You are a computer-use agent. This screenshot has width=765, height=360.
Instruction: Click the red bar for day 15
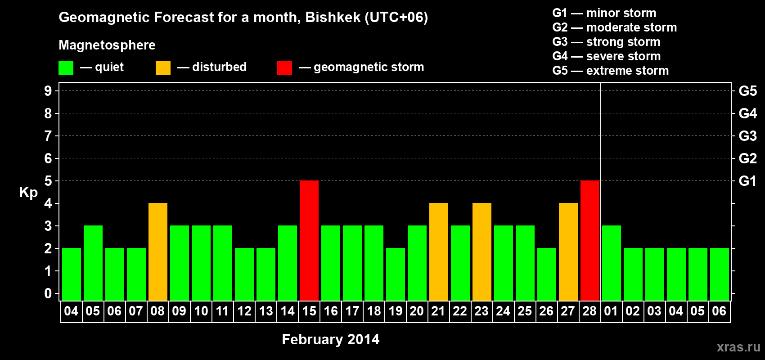click(x=309, y=240)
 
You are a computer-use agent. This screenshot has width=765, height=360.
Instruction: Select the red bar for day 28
click(x=590, y=240)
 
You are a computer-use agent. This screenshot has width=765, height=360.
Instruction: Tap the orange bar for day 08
click(x=158, y=252)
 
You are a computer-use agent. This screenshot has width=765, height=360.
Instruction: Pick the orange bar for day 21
click(x=438, y=252)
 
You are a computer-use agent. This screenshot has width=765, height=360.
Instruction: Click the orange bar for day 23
click(x=482, y=252)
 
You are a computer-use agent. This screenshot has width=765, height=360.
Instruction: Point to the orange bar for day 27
click(x=568, y=252)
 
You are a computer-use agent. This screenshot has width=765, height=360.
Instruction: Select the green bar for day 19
click(x=396, y=274)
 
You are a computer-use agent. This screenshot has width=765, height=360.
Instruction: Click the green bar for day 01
click(x=611, y=263)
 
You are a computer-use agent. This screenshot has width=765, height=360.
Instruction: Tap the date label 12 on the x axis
click(x=244, y=311)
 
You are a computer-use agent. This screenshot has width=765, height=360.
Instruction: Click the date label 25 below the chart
click(x=525, y=311)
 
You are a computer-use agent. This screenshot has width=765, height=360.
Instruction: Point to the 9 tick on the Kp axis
click(x=48, y=91)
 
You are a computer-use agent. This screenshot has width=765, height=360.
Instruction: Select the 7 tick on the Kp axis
click(x=48, y=136)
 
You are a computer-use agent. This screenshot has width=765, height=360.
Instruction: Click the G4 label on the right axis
click(x=747, y=113)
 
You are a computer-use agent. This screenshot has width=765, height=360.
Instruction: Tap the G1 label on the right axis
click(x=747, y=181)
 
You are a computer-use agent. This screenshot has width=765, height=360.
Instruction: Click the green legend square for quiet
click(x=66, y=67)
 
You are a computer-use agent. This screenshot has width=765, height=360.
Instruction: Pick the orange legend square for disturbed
click(x=163, y=67)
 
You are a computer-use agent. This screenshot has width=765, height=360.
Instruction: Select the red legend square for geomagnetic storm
click(x=284, y=67)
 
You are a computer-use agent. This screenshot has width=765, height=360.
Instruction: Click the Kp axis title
click(x=28, y=193)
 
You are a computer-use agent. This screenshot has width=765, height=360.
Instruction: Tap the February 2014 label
click(x=331, y=339)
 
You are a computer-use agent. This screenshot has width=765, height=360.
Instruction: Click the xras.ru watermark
click(x=738, y=347)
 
